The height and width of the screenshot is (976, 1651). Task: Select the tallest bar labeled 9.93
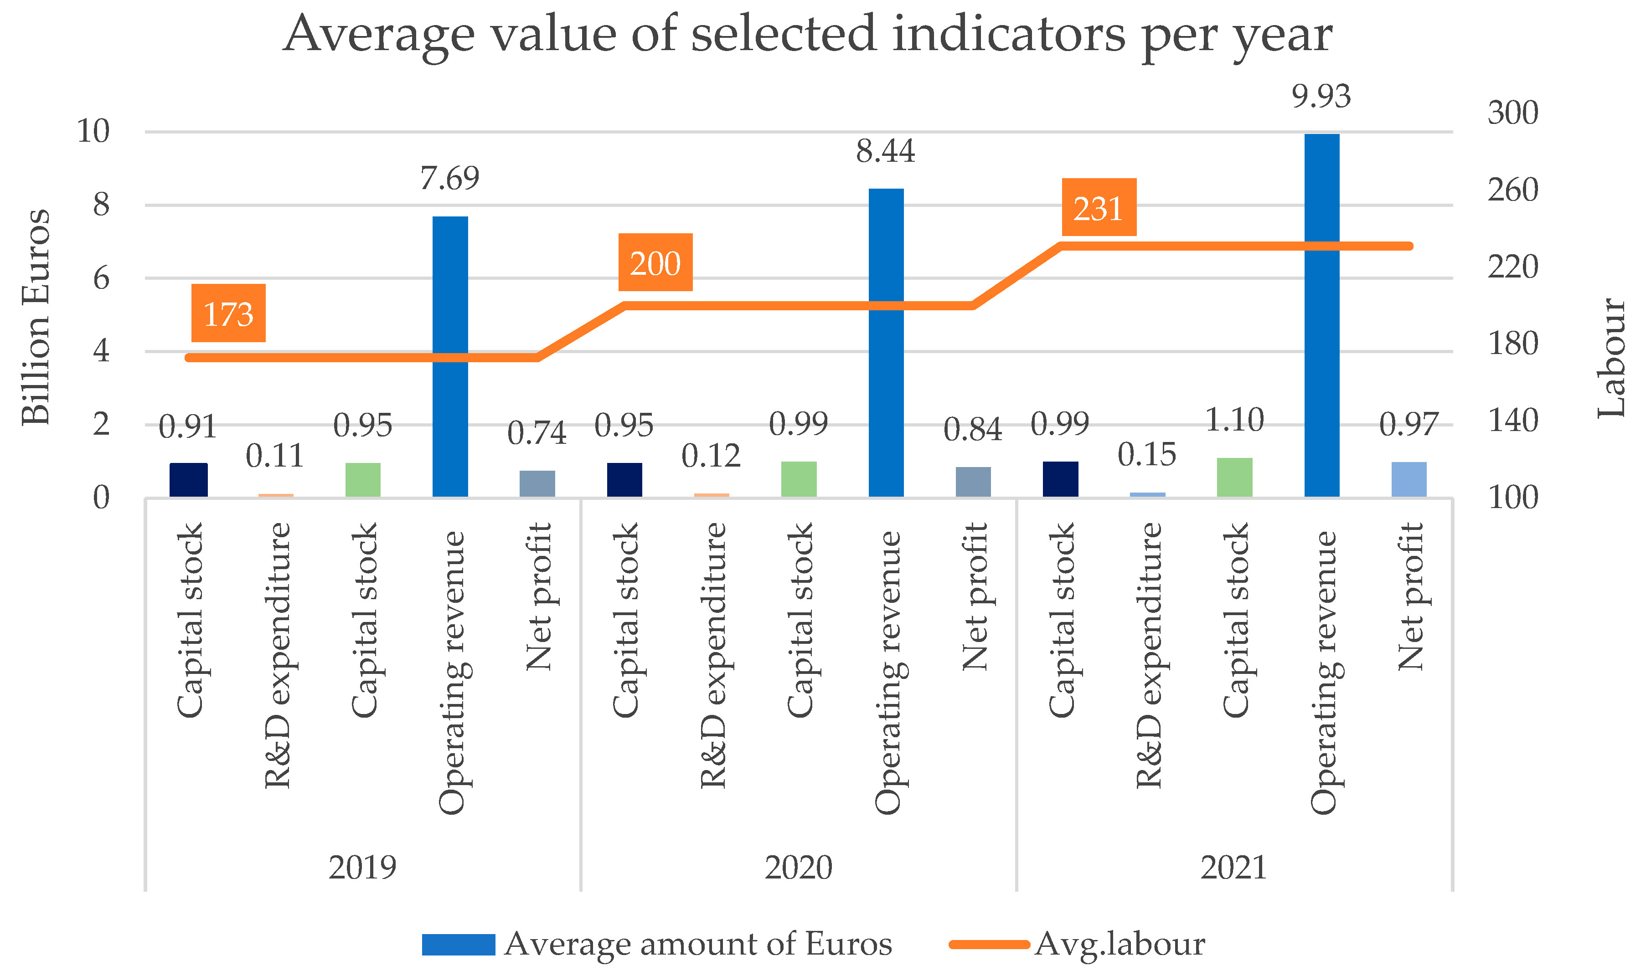tap(1321, 316)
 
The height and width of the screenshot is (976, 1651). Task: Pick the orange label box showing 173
tap(228, 313)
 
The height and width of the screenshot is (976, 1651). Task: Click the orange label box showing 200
tap(655, 262)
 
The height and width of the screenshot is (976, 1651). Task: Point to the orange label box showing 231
tap(1099, 207)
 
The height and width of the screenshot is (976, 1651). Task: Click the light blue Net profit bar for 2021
tap(1409, 479)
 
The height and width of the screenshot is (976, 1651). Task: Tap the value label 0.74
tap(537, 433)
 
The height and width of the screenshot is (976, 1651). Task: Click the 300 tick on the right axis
tap(1512, 113)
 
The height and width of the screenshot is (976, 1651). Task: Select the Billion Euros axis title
tap(36, 317)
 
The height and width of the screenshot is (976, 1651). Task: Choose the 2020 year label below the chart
tap(798, 868)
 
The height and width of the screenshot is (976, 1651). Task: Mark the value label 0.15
tap(1146, 454)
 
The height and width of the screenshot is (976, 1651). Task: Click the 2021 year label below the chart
tap(1233, 868)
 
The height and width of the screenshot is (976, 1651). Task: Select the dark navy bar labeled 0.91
tap(188, 480)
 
